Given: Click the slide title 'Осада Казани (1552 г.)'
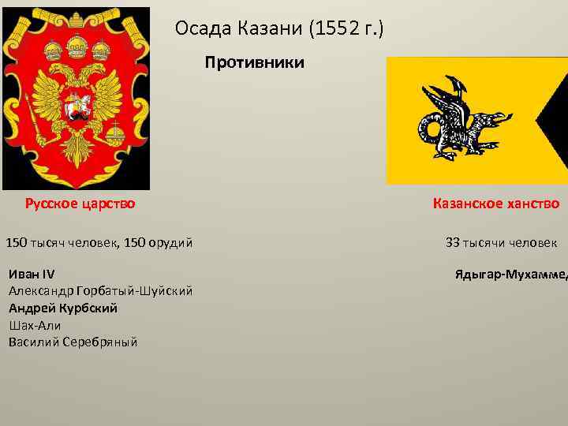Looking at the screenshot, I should tap(279, 29).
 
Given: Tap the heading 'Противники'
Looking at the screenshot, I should tap(254, 62).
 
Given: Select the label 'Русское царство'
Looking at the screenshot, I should tap(80, 204).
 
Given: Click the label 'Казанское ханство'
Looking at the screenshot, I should tap(495, 204).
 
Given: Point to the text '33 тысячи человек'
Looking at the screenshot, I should tap(501, 242).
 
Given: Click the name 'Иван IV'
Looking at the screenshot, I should tap(31, 275).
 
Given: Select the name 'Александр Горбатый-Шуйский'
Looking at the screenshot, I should tap(100, 291).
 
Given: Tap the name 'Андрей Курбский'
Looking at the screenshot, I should tap(63, 308).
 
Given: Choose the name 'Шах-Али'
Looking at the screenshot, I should tap(35, 324).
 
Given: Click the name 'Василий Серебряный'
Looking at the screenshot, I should tap(73, 342).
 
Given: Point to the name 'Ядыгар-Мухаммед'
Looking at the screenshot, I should tap(510, 275).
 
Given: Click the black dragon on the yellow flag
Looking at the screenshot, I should tap(458, 118).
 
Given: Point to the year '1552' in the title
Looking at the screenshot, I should tap(332, 29).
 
